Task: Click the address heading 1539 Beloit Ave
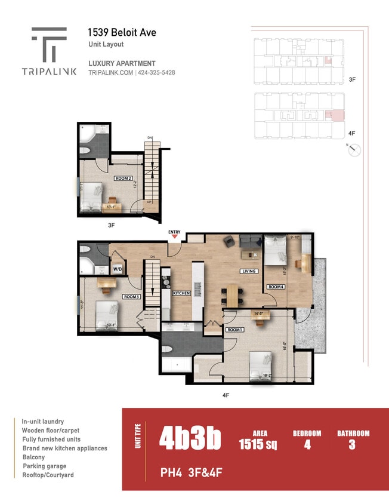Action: pos(122,33)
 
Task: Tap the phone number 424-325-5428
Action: pos(157,73)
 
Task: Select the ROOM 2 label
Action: pos(123,178)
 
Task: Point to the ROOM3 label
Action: pos(131,297)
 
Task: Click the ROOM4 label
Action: pos(276,287)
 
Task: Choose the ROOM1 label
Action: pos(234,330)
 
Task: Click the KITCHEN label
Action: pos(181,293)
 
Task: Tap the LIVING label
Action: pos(249,271)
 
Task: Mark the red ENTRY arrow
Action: pos(174,237)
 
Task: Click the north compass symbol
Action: pos(355,149)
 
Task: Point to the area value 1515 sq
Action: pos(260,444)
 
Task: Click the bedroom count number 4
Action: pos(307,445)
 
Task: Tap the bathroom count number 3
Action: pos(353,445)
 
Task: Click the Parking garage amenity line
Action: pos(45,466)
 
